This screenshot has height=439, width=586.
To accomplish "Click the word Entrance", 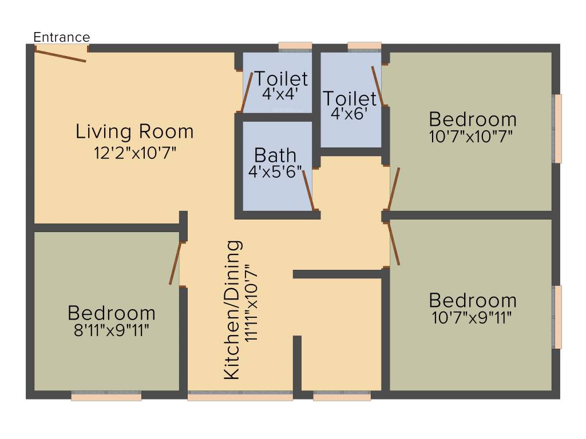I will click(62, 37).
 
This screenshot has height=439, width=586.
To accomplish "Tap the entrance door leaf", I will click(60, 54).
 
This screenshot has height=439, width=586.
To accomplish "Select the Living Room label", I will click(134, 131).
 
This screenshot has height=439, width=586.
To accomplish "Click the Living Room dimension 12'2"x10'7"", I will click(134, 153).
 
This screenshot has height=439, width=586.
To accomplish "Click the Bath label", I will click(275, 155).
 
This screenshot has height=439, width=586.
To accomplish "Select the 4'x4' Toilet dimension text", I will click(280, 94).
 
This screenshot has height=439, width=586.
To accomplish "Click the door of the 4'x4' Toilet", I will click(247, 92).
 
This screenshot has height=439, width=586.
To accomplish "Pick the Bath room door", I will click(308, 189).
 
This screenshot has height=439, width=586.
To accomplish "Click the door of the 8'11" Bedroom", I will click(175, 263).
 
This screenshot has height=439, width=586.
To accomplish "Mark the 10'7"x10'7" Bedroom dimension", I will click(472, 137).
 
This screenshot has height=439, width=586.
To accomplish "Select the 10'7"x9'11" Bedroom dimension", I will click(472, 317).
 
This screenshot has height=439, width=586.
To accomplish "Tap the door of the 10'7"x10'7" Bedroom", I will click(394, 189).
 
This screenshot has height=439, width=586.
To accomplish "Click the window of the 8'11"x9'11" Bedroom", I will click(106, 396).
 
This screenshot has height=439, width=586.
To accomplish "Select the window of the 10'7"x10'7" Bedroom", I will click(557, 129).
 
